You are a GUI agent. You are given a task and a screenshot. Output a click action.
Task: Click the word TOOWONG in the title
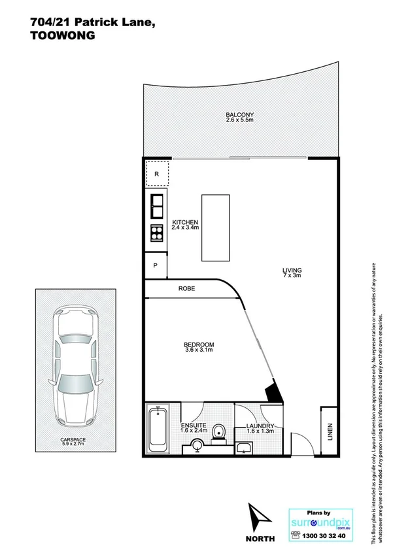[63, 37]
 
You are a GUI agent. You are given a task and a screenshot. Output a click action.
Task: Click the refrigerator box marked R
[157, 174]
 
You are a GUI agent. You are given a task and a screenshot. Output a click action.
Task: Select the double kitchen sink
[157, 207]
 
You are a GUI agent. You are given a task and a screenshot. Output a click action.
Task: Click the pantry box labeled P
[155, 265]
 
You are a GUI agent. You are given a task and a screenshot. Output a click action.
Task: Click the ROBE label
[187, 288]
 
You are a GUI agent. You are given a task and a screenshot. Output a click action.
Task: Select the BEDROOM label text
[199, 345]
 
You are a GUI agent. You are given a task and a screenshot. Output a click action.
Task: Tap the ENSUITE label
[193, 426]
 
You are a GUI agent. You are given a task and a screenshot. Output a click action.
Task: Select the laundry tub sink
[245, 447]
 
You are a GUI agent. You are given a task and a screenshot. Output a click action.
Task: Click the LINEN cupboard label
[329, 432]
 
